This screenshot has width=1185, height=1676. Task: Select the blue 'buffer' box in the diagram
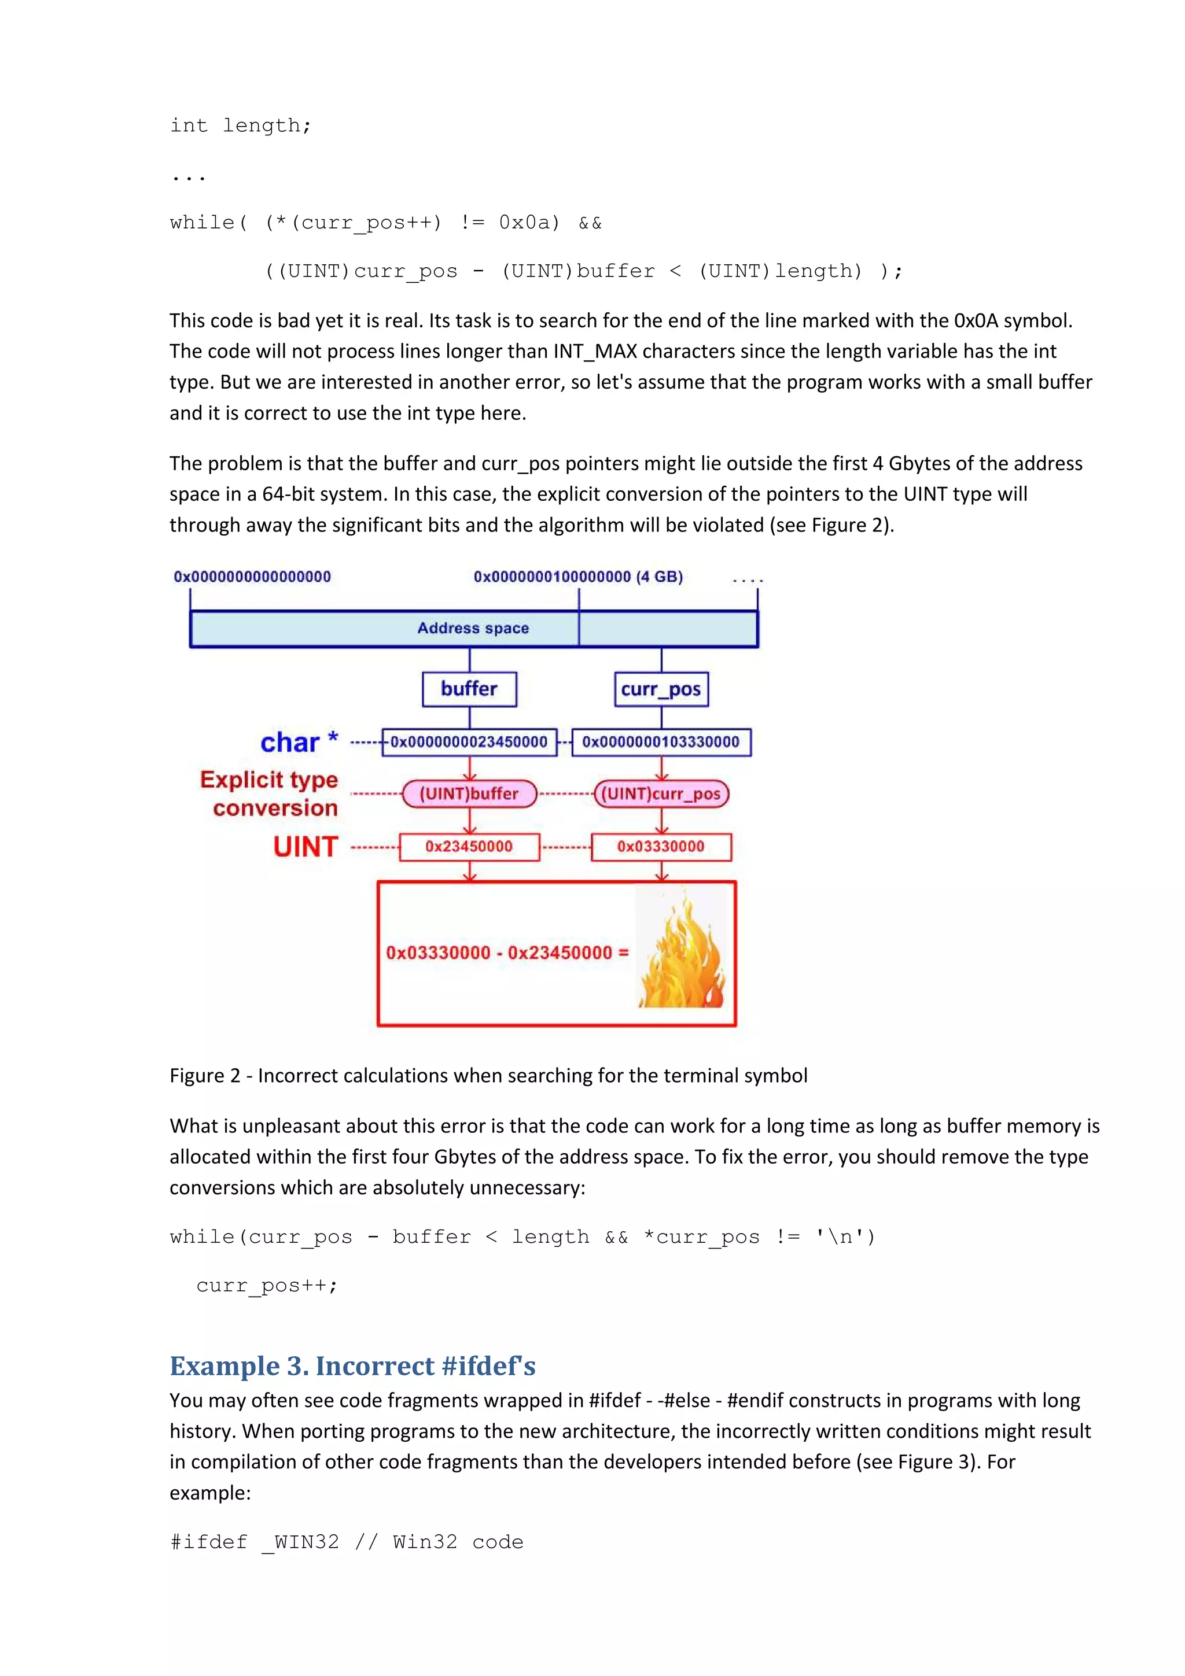point(469,689)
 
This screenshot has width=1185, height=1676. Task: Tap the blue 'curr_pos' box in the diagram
point(661,690)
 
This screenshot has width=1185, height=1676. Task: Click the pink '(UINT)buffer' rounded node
point(469,793)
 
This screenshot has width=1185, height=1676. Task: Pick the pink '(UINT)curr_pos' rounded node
point(661,793)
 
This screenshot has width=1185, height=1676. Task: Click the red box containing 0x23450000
point(469,847)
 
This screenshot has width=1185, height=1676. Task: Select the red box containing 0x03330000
point(661,847)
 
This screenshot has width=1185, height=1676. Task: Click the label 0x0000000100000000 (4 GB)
point(577,577)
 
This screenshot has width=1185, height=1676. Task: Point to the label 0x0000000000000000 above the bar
point(252,577)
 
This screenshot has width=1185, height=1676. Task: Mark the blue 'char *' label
point(299,743)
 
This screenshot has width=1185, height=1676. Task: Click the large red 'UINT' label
point(305,847)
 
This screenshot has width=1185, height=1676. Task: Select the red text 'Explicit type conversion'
point(270,793)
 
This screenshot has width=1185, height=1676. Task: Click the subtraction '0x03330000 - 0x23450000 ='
point(507,953)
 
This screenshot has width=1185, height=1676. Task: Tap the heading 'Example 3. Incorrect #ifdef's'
point(352,1366)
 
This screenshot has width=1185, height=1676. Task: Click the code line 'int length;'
point(240,125)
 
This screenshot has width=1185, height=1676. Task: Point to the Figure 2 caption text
point(488,1075)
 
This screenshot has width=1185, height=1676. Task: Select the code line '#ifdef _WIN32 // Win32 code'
point(346,1542)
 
